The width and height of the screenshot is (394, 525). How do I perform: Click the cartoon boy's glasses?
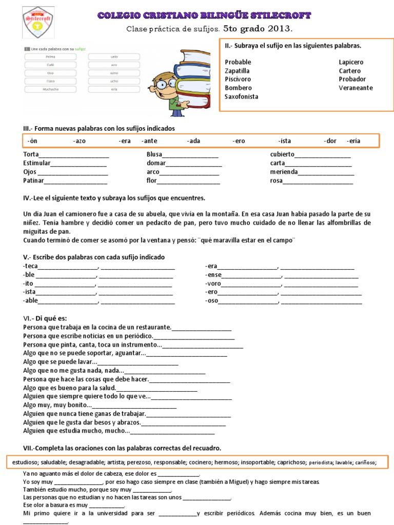coord(165,84)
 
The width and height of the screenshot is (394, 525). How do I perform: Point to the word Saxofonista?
coord(241,96)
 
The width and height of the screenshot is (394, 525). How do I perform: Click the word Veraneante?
coord(356,88)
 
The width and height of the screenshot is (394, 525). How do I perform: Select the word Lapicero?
coord(351,62)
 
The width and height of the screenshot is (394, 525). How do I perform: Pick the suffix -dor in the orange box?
coord(330,141)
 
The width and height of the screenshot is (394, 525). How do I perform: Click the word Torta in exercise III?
coord(31,154)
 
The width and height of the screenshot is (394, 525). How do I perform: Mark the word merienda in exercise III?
coord(284,172)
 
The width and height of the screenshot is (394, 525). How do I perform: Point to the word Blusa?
coord(154,154)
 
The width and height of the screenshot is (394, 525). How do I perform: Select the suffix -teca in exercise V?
coord(31,266)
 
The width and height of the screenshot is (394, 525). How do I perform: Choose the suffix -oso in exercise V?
coord(211,301)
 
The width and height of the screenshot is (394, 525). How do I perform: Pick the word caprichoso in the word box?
coord(291,462)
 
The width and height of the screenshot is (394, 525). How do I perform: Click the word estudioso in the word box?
coord(25,462)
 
